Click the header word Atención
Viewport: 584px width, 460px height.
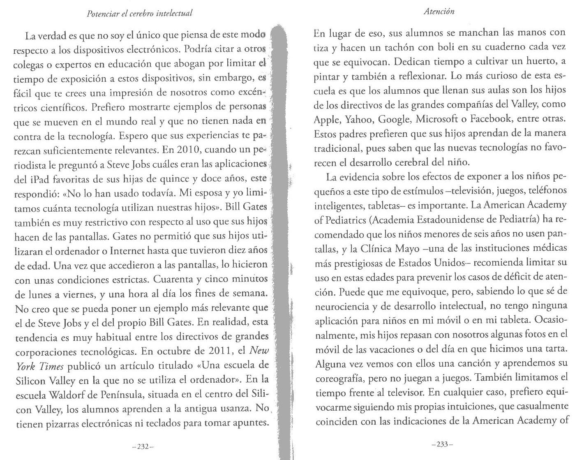coord(439,12)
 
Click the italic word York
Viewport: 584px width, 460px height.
coord(25,366)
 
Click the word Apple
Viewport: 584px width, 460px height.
coord(326,119)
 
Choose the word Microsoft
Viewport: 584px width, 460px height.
coord(439,119)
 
